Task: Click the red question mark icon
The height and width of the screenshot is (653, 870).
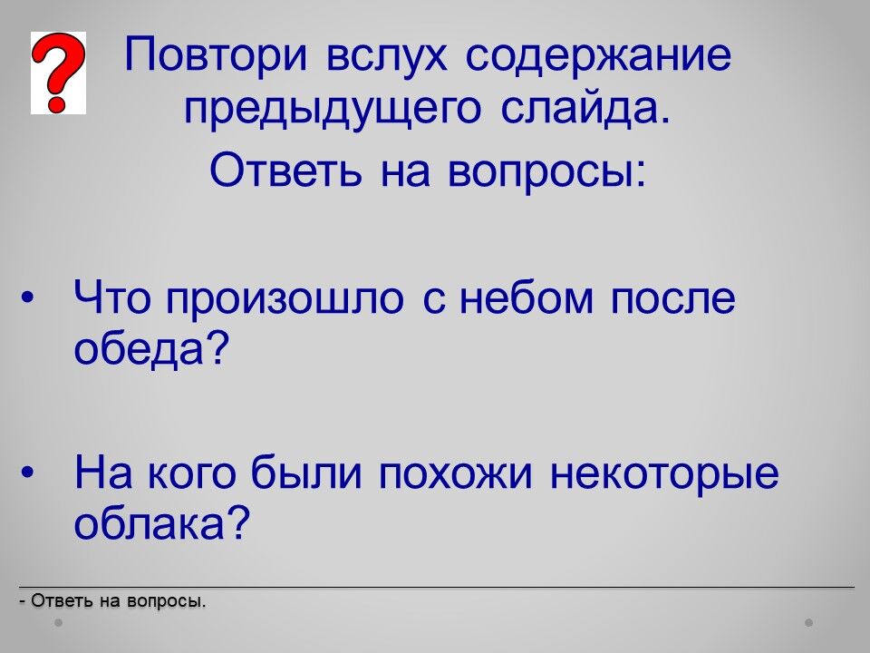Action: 58,73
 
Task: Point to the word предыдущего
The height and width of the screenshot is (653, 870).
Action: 332,109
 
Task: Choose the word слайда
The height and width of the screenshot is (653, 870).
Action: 585,107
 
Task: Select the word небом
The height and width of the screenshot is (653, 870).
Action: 526,297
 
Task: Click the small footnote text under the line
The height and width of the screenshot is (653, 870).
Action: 112,600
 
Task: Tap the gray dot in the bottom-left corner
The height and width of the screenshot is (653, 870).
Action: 58,623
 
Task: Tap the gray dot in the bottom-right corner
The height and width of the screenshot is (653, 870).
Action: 809,623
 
